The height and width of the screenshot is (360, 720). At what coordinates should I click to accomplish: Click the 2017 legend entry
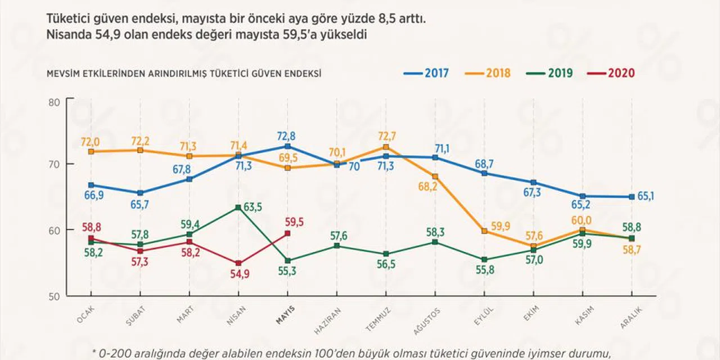pos(426,73)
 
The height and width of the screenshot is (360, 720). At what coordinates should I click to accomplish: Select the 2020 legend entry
pos(611,73)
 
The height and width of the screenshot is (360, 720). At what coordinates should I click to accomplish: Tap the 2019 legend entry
pos(550,73)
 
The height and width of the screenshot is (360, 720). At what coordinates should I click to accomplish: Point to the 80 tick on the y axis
pos(55,102)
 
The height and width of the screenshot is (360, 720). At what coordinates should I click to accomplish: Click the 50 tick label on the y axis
pos(55,296)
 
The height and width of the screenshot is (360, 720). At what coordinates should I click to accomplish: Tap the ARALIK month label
pos(631,318)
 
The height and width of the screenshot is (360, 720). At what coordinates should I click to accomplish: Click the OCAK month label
pos(85,314)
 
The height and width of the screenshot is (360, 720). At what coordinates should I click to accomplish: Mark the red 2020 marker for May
pos(287,233)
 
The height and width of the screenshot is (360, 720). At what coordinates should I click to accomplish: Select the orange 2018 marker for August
pos(435,177)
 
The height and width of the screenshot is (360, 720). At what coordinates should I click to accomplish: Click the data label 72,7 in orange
pos(386,136)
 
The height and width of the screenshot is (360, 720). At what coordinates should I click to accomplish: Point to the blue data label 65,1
pos(645,196)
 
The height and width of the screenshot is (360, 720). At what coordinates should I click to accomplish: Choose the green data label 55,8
pos(485,270)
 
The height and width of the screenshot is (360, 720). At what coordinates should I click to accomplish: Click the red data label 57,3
pos(139,262)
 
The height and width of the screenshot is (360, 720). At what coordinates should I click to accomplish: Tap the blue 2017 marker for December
pos(632,197)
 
